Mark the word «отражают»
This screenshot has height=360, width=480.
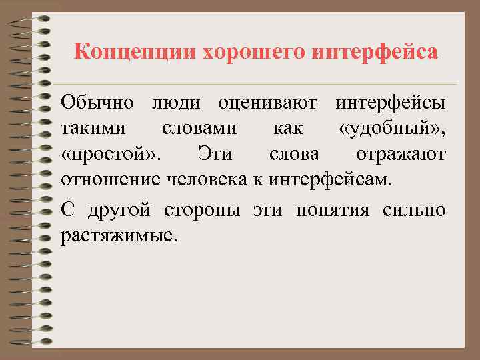click(x=401, y=154)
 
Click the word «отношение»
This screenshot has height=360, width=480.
click(x=106, y=179)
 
